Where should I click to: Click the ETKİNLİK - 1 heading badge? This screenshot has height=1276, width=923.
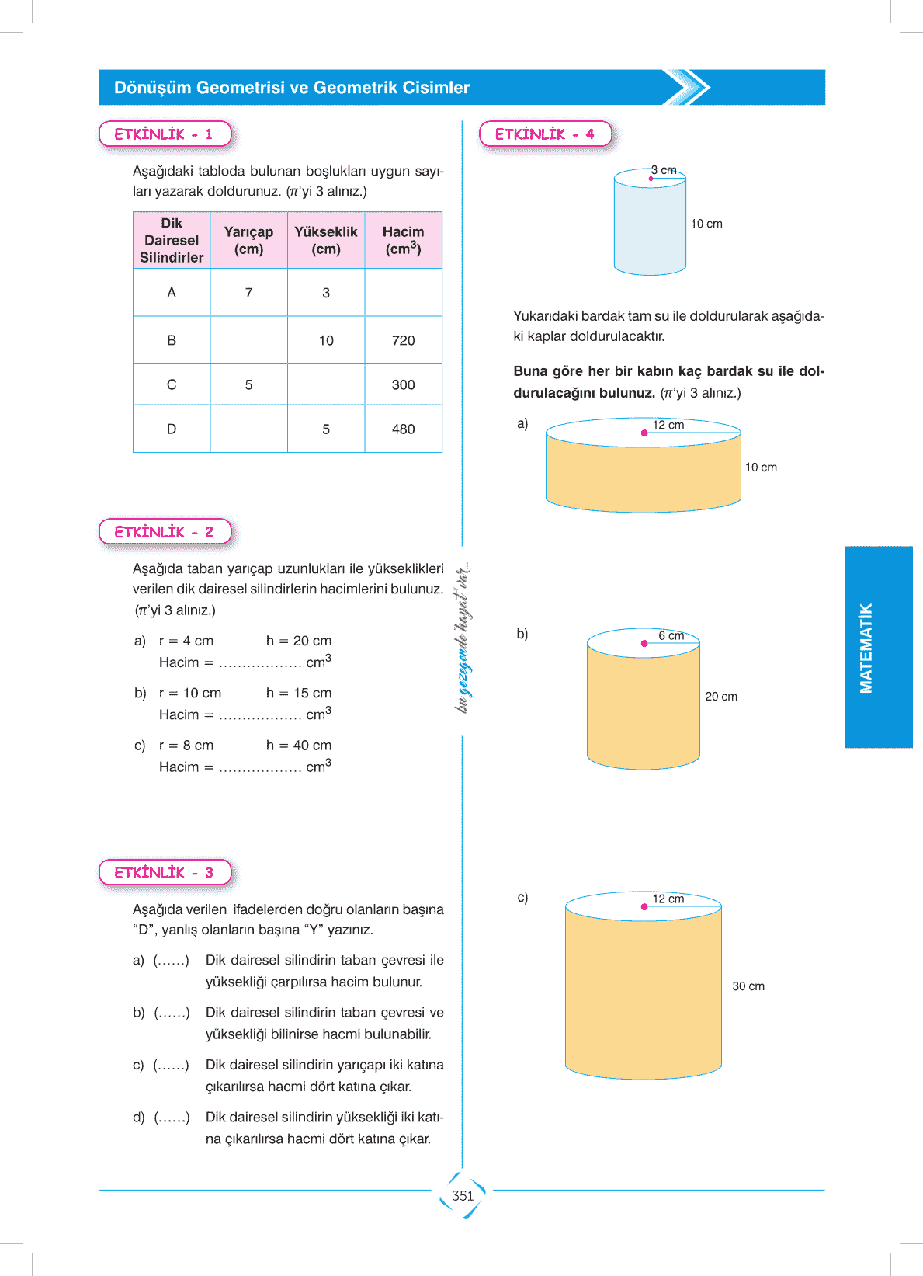(x=165, y=134)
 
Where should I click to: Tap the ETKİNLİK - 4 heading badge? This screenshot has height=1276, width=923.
(x=545, y=134)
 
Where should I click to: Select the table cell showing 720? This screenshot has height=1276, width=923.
(x=403, y=340)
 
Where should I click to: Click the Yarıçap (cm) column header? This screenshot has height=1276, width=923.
(x=248, y=240)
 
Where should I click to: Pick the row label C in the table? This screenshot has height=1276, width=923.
(x=172, y=384)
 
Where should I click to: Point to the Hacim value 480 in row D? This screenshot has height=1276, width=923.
(x=403, y=429)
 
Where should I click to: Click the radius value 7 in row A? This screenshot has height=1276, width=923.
(x=248, y=293)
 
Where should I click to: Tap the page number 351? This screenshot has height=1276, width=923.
(x=463, y=1195)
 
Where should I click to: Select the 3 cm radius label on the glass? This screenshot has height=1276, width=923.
(x=664, y=170)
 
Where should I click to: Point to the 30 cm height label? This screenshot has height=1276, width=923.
(x=748, y=986)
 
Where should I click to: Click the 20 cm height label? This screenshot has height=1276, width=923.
(x=721, y=697)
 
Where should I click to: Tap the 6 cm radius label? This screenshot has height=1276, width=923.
(x=671, y=635)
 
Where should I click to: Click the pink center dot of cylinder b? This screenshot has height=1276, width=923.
(x=644, y=643)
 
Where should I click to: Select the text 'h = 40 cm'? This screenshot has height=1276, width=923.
(x=299, y=746)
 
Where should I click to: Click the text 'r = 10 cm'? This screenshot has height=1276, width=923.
(x=190, y=693)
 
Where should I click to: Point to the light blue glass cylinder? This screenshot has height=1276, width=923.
(x=650, y=225)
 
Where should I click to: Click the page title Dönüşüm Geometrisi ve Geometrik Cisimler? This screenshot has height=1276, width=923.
(x=292, y=88)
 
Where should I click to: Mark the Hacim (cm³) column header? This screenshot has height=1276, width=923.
(x=403, y=240)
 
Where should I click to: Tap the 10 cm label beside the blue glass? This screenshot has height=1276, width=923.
(x=706, y=224)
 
